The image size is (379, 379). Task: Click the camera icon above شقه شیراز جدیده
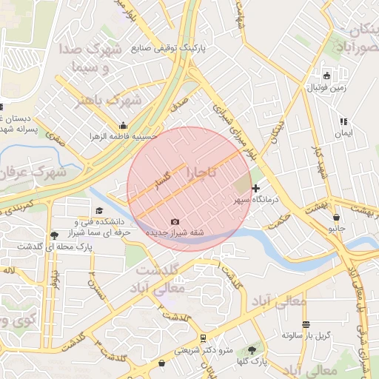click(175, 221)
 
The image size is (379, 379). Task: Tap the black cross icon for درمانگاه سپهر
click(256, 189)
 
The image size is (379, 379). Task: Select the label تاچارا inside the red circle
click(201, 173)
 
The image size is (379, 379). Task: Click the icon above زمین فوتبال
click(326, 76)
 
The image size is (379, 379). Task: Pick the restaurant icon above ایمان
click(343, 121)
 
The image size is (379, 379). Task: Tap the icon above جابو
click(338, 218)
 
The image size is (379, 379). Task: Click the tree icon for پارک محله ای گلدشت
click(54, 235)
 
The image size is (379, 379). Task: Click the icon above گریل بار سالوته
click(306, 324)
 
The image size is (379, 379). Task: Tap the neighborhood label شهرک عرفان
click(34, 173)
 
